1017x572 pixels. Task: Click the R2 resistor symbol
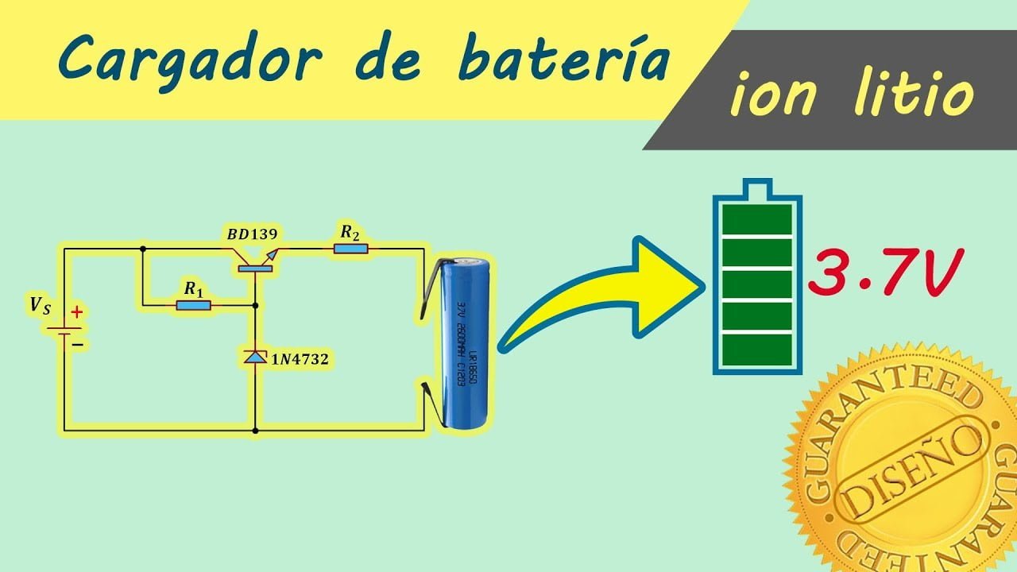point(350,249)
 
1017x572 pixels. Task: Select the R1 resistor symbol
point(193,303)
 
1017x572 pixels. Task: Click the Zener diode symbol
point(255,358)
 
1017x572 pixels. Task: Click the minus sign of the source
point(78,344)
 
